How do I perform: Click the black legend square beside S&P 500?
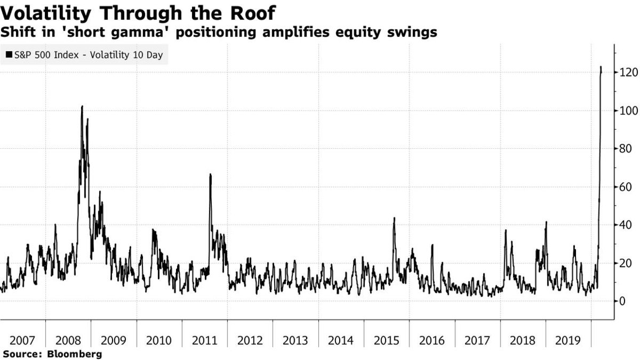click(x=9, y=54)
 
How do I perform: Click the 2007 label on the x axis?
click(x=23, y=340)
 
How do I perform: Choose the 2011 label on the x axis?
click(x=205, y=340)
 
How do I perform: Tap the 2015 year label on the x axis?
click(x=387, y=340)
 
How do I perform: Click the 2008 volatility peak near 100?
click(x=82, y=107)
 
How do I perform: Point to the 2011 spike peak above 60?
click(x=210, y=175)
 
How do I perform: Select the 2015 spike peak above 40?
click(x=394, y=218)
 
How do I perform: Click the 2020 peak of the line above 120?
click(x=601, y=67)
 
